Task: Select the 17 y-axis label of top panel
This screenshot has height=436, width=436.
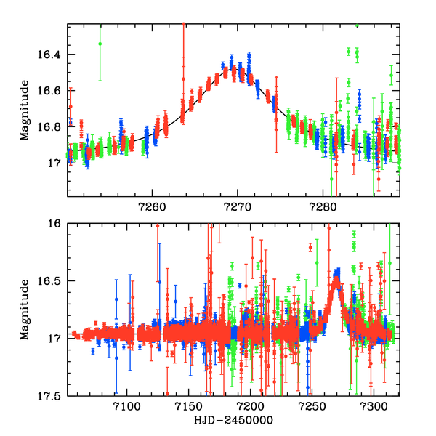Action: [x=54, y=163]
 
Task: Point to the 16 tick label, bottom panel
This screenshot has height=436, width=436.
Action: [x=54, y=225]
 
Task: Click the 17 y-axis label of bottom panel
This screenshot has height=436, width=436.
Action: [x=54, y=338]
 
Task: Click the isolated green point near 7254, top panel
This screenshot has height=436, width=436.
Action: [x=100, y=44]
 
